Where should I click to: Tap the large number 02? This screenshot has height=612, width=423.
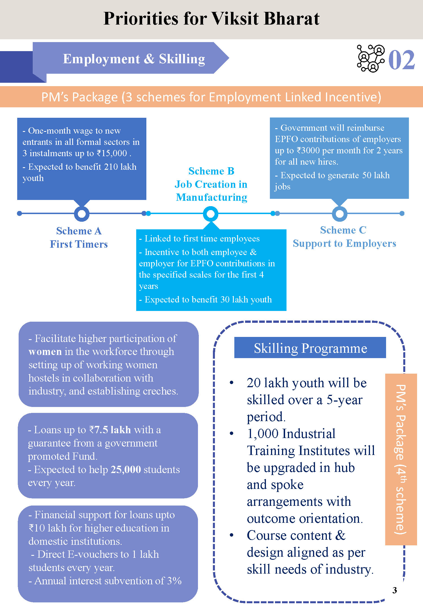[402, 60]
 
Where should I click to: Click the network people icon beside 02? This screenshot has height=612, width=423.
[371, 58]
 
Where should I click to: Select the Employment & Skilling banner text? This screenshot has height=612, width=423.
[134, 59]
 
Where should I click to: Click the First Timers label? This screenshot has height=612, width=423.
[79, 244]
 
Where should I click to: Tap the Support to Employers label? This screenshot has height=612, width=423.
[344, 243]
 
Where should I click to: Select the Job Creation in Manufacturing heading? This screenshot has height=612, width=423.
[211, 191]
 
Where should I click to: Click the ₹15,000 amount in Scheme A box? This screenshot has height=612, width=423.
[112, 153]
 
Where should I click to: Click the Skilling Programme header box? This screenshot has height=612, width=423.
[310, 348]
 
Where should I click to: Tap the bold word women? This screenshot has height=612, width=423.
[45, 352]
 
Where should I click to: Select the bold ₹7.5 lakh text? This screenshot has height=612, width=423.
[110, 430]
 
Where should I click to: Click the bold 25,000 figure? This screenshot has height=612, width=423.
[126, 469]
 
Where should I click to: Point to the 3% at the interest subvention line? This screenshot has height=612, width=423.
[174, 581]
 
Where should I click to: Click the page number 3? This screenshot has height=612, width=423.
[395, 590]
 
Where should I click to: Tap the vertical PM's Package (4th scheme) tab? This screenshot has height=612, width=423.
[401, 459]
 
